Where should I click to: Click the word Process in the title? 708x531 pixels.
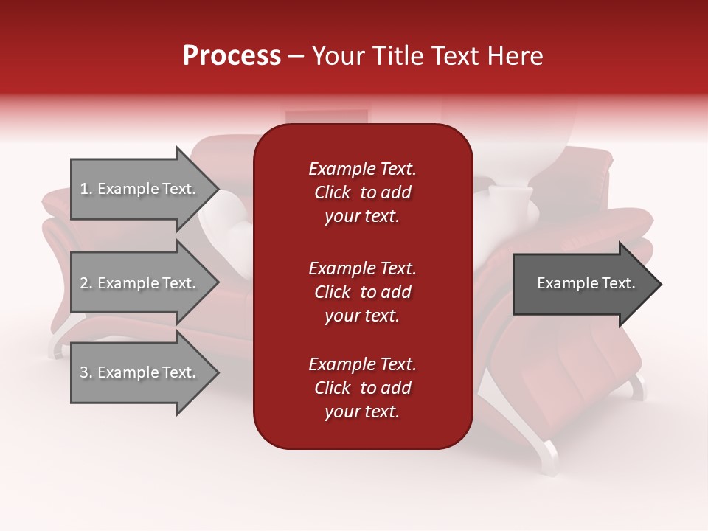click(x=232, y=56)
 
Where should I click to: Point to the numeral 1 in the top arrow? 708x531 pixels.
click(x=84, y=190)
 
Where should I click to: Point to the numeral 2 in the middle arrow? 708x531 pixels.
click(x=84, y=284)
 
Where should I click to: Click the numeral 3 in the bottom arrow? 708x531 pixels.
click(x=84, y=373)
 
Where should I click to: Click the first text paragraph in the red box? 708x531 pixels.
click(x=362, y=192)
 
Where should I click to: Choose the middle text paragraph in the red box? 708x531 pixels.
click(x=362, y=292)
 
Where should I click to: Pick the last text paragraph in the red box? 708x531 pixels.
click(x=362, y=388)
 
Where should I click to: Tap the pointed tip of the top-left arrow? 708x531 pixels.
click(x=217, y=190)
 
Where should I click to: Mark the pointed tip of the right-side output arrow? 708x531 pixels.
click(x=659, y=284)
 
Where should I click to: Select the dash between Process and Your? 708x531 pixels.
click(x=296, y=56)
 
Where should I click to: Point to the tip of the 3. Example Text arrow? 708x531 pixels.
click(x=217, y=373)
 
